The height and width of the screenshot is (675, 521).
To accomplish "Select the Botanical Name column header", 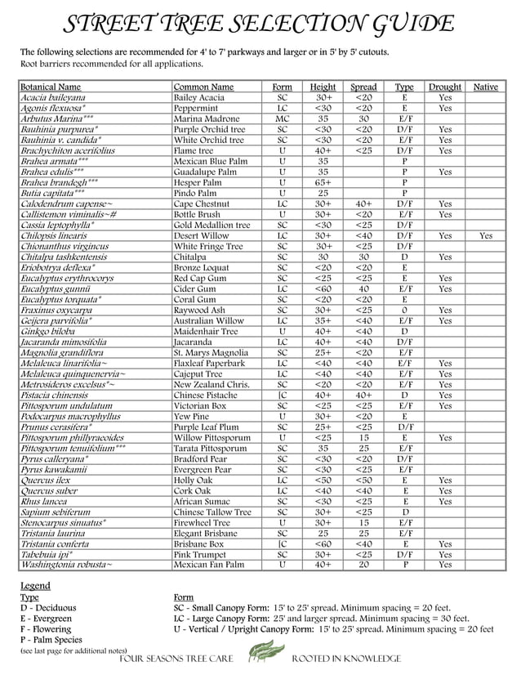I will [51, 87].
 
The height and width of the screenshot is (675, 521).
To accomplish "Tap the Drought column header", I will [445, 87].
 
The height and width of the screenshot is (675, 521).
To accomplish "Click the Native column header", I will [486, 87].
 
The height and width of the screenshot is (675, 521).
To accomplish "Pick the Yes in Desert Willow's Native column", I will [486, 235].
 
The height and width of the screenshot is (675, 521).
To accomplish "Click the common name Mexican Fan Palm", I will [208, 565].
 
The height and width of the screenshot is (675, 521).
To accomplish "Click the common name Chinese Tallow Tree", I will [212, 512].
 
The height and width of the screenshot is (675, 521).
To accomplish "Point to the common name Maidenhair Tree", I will [207, 331].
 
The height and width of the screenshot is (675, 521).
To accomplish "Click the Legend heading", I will [35, 586].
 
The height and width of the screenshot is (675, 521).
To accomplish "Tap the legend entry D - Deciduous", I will [48, 608].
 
